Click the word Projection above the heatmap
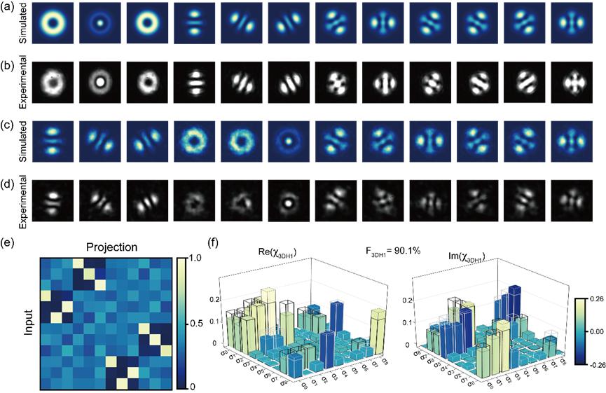(113, 247)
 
